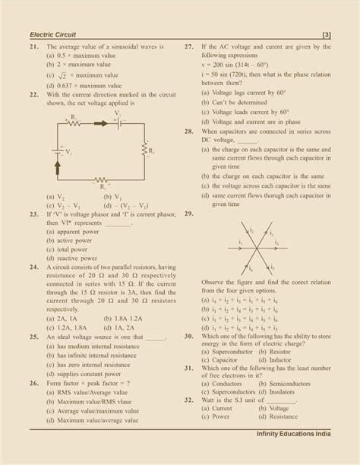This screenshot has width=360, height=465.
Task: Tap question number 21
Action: click(34, 46)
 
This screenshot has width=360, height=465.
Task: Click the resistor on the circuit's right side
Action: click(143, 151)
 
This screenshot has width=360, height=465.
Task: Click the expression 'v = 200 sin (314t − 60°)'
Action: click(244, 66)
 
